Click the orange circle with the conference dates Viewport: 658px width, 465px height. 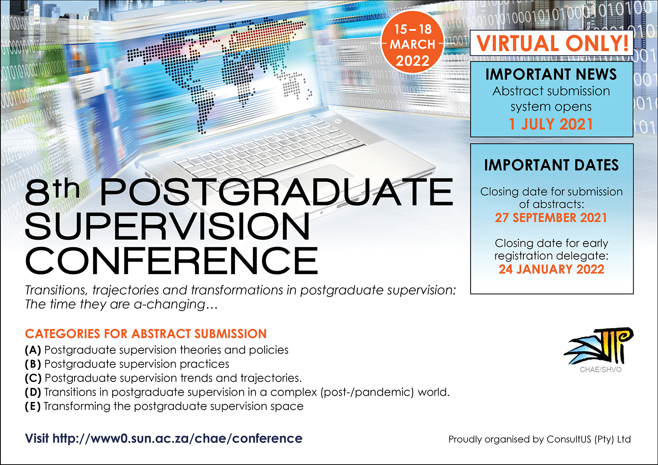(x=412, y=43)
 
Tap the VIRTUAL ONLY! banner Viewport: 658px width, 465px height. (x=552, y=43)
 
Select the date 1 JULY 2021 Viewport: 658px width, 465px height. (x=551, y=124)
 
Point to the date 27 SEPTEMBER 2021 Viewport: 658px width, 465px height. (x=551, y=218)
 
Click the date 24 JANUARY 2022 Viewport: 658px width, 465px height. (x=551, y=269)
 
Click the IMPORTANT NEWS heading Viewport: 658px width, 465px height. (x=551, y=74)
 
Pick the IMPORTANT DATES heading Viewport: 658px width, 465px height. (x=551, y=165)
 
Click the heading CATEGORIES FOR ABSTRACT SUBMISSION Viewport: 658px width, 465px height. (x=146, y=334)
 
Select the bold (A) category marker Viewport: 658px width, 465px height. (x=33, y=350)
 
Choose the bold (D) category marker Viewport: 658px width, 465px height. (x=33, y=393)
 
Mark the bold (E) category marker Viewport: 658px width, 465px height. (x=33, y=407)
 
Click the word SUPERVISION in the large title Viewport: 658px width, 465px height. (x=167, y=226)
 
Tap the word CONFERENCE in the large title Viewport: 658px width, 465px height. (x=172, y=260)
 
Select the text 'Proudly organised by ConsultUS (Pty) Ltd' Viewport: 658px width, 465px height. (x=539, y=439)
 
